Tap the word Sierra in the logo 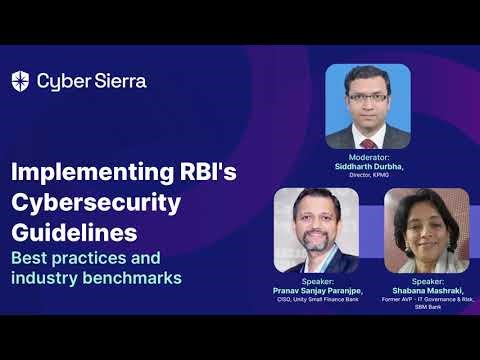[x=118, y=81]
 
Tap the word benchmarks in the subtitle [x=134, y=277]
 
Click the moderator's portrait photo [x=368, y=106]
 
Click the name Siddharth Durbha [x=369, y=166]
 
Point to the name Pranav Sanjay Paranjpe [x=316, y=290]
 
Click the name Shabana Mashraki [x=425, y=290]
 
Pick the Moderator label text [x=369, y=158]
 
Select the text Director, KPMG [x=369, y=175]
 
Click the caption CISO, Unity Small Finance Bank [x=316, y=299]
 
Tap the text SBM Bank [x=425, y=307]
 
